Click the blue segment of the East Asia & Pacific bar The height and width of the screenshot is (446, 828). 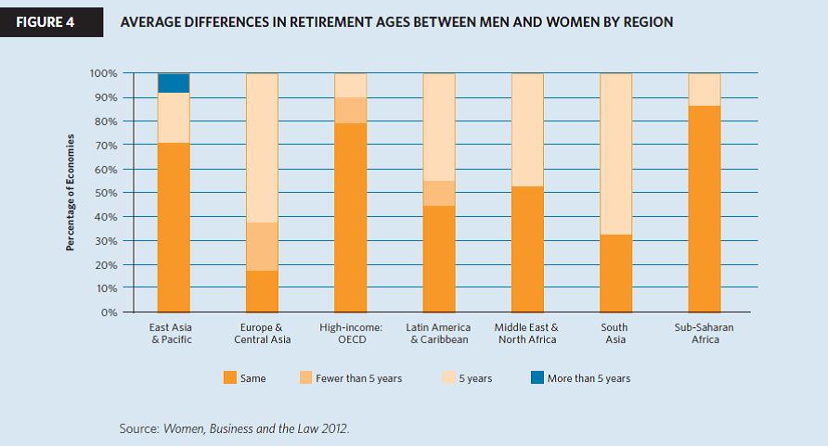(x=174, y=83)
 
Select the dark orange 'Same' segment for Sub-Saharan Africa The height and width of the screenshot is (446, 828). (x=704, y=209)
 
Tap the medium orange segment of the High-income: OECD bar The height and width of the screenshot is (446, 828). (x=350, y=109)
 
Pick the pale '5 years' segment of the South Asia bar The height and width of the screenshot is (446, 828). (x=615, y=153)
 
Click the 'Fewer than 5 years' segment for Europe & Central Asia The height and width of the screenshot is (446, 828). (x=262, y=246)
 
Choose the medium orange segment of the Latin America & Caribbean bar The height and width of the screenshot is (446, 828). (x=439, y=193)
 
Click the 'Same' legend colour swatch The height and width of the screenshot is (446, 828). (x=228, y=378)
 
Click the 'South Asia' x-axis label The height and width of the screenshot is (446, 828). (x=615, y=333)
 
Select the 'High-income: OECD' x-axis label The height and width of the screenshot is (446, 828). (x=350, y=333)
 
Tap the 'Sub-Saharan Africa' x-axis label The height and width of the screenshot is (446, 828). (x=704, y=333)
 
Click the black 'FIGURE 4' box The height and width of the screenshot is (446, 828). (x=45, y=21)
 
